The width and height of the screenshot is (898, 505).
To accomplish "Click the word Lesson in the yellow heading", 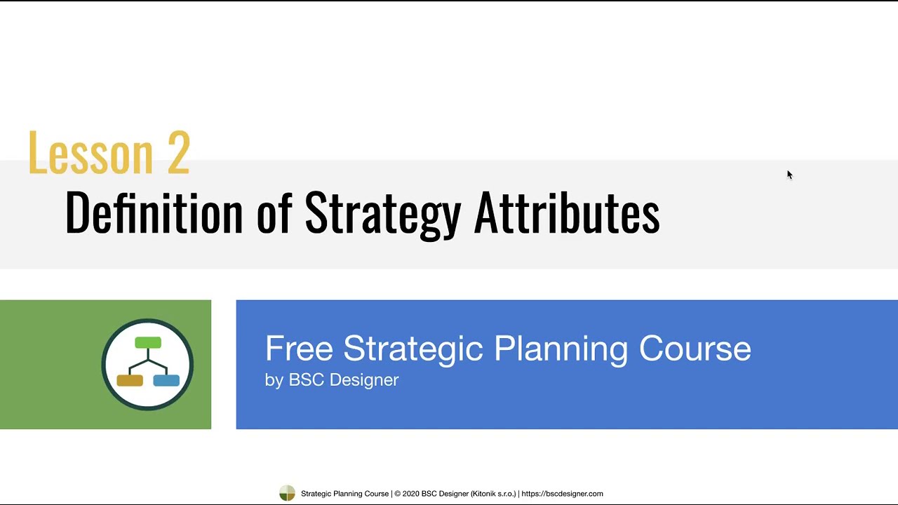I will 90,153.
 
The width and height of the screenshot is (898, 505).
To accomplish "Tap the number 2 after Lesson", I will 179,153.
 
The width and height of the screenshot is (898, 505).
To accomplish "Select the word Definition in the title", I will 154,213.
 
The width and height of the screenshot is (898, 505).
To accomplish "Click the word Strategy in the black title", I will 382,213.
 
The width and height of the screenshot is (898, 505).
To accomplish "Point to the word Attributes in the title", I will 567,213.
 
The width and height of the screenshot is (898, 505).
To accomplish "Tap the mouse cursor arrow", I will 789,175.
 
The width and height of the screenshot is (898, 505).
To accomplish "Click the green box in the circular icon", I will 148,343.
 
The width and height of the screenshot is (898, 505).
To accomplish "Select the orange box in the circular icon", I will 130,380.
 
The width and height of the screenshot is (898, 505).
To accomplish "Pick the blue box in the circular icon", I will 166,380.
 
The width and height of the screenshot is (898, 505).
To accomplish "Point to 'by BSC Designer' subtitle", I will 332,380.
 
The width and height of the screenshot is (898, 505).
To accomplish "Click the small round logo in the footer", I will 288,494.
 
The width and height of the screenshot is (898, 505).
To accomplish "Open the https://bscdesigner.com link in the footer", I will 562,494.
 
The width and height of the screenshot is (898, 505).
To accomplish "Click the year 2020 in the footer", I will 410,494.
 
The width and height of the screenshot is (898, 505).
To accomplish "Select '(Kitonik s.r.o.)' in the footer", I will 493,494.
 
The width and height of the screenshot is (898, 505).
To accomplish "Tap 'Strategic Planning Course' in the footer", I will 344,494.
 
